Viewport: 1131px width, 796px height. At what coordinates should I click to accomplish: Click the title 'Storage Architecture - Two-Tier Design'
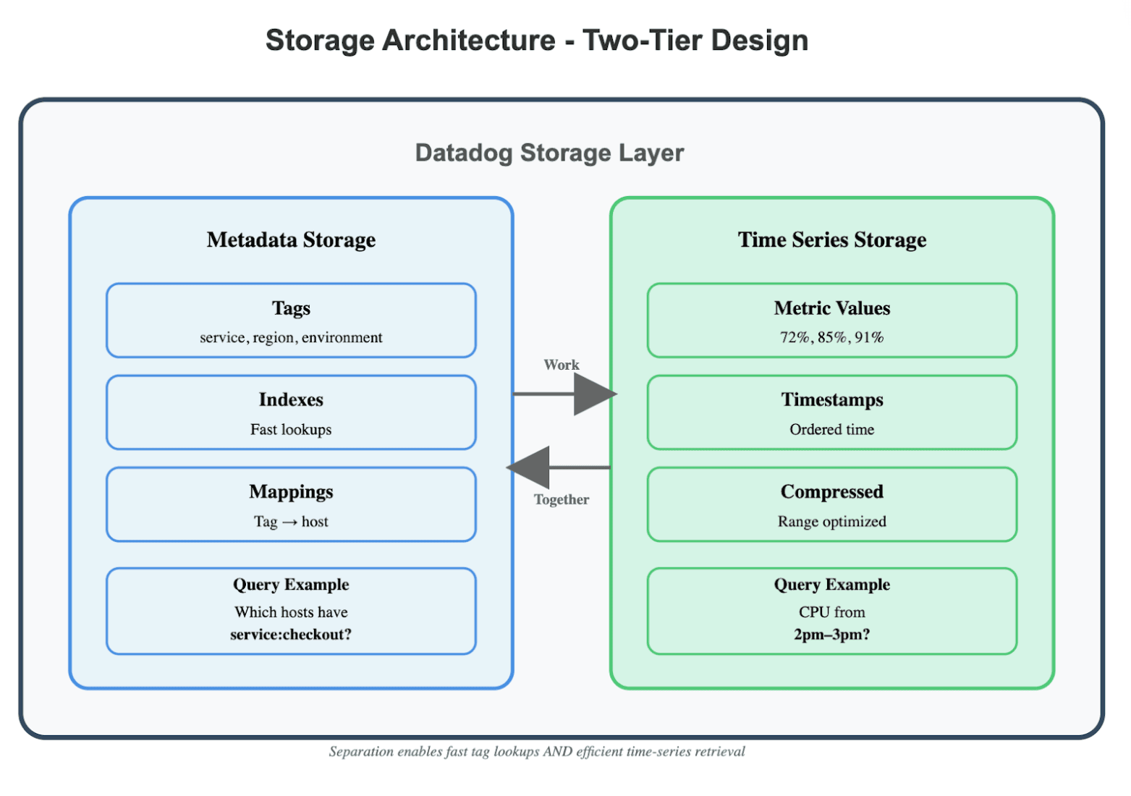pos(536,41)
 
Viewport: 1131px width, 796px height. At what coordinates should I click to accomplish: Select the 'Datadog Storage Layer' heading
pos(549,153)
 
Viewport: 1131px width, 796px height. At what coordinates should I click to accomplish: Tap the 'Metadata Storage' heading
pos(291,240)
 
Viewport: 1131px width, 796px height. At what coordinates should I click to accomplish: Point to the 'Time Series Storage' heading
pos(831,240)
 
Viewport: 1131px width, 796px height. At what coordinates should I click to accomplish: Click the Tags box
pos(291,321)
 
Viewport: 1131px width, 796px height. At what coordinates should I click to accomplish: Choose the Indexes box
pos(291,412)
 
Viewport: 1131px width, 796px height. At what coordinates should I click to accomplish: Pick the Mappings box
pos(291,504)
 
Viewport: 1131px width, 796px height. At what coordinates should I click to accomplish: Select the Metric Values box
pos(831,321)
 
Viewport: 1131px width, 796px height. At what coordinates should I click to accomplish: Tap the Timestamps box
pos(831,412)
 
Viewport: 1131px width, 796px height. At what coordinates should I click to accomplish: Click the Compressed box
pos(831,504)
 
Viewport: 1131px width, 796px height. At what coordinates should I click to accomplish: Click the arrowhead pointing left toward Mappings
pos(530,467)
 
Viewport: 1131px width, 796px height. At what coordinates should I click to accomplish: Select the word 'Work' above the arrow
pos(562,365)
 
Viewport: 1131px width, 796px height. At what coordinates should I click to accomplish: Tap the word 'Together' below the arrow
pos(562,499)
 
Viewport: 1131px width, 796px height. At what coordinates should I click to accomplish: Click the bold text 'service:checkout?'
pos(291,635)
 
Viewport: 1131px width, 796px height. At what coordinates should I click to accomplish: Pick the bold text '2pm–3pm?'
pos(831,635)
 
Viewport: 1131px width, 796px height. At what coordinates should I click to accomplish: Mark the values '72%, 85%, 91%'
pos(831,337)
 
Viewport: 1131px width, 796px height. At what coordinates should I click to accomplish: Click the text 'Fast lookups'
pos(291,430)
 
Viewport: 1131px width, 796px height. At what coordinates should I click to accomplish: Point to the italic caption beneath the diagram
pos(536,752)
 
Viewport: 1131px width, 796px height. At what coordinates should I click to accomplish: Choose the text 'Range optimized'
pos(831,522)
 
